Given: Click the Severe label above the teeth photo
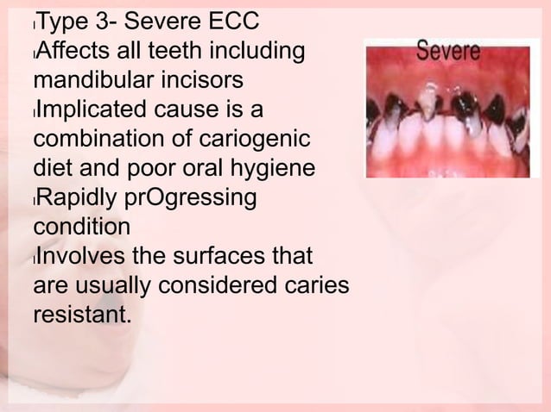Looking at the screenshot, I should point(449,53).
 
